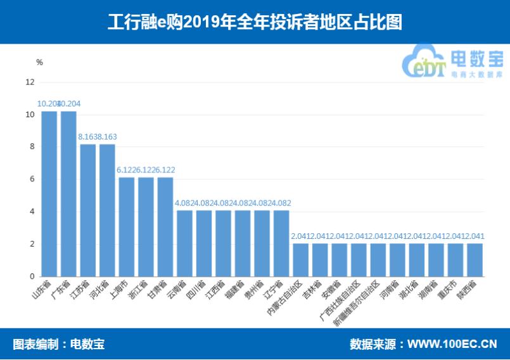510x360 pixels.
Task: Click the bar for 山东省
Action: [49, 194]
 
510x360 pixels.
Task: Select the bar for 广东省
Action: [68, 194]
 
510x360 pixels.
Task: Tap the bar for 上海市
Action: [127, 227]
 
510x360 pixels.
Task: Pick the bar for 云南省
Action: [184, 243]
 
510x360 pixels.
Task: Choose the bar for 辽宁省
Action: [281, 243]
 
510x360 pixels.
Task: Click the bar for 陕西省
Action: [475, 260]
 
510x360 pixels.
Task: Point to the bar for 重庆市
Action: [455, 260]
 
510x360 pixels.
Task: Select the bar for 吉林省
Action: [320, 260]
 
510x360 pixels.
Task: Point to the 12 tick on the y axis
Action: [29, 82]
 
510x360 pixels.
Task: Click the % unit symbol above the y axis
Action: [39, 62]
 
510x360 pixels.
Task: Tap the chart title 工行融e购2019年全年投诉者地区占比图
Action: [255, 22]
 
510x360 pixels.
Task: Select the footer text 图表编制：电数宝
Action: [58, 344]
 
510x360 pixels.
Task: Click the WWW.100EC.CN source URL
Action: [452, 344]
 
